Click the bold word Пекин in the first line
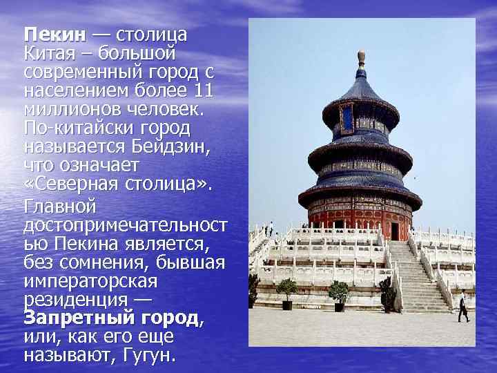tap(55, 35)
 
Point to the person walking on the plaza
tap(462, 307)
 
